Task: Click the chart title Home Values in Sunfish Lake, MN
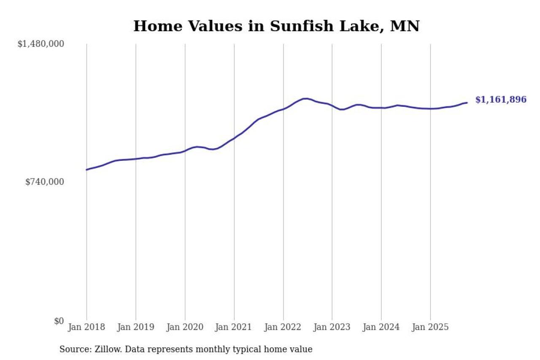point(276,26)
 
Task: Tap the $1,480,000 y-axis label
point(40,44)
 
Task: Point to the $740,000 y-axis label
point(45,182)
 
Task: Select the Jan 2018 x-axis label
point(86,327)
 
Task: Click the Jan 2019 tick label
point(135,327)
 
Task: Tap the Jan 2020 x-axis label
point(185,327)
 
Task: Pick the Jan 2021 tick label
point(234,327)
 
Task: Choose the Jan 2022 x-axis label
point(283,327)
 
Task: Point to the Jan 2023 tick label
point(332,327)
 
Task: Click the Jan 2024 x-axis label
point(381,327)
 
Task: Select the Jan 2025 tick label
point(430,327)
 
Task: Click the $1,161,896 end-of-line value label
point(501,100)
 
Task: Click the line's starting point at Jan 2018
point(86,170)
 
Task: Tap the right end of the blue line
point(467,103)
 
